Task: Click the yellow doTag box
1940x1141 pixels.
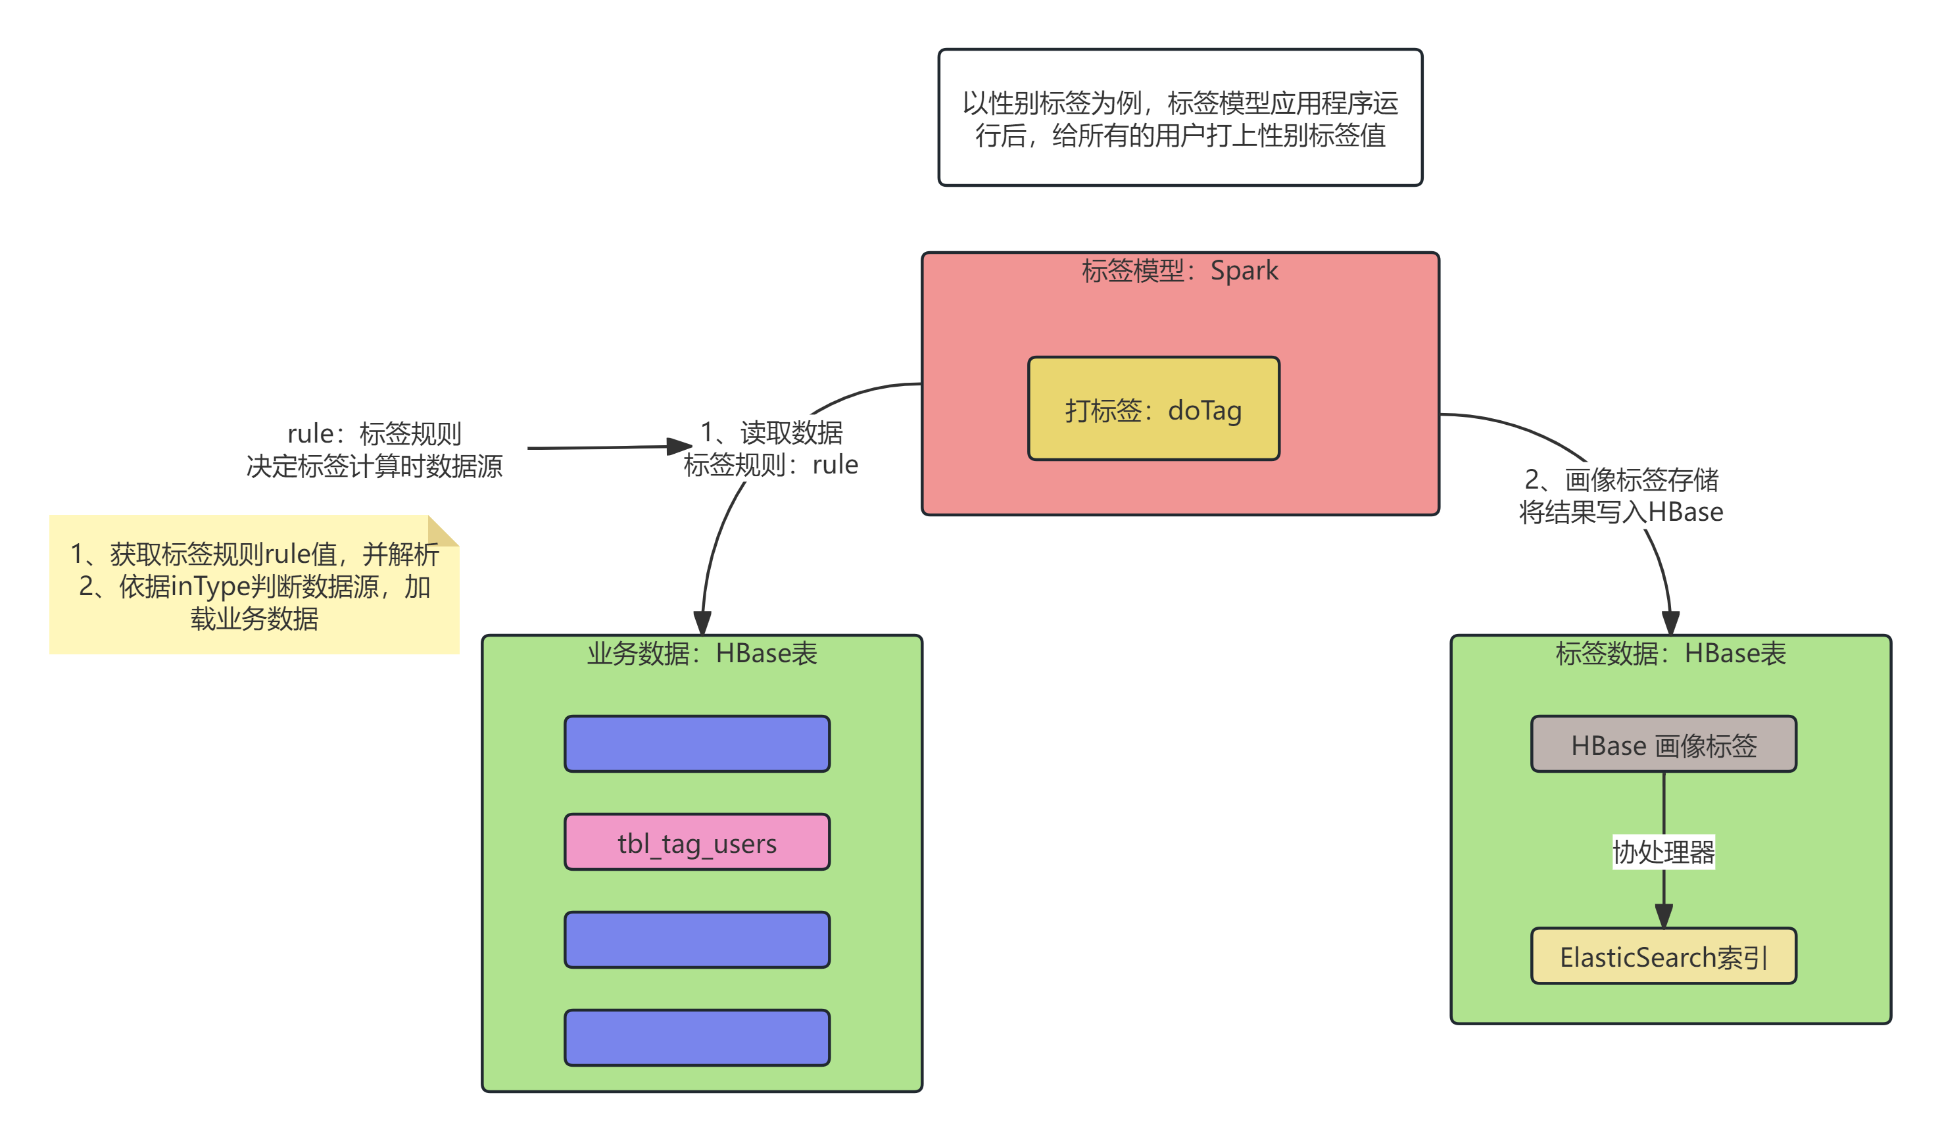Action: point(1153,409)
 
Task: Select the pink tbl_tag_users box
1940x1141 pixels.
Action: point(696,842)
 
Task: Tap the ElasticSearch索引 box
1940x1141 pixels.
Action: point(1663,956)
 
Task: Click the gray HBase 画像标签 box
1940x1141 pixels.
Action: point(1663,744)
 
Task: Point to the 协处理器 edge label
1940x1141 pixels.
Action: point(1663,852)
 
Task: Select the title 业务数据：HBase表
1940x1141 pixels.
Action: point(701,654)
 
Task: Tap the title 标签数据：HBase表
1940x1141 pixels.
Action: point(1670,654)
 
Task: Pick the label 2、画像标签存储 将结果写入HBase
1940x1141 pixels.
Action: point(1620,496)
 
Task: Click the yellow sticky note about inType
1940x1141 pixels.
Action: point(254,587)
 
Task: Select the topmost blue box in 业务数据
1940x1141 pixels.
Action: point(696,744)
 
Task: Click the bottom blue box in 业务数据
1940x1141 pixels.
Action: point(696,1038)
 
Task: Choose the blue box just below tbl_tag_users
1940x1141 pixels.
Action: point(696,940)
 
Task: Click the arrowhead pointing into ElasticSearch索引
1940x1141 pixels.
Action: point(1663,915)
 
